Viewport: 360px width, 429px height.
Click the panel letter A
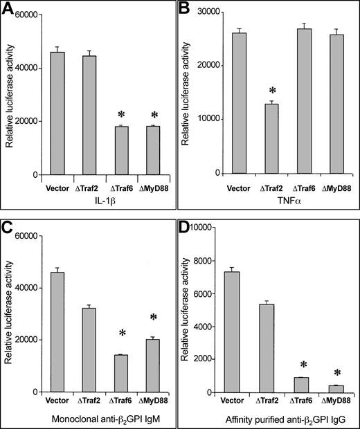point(10,10)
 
